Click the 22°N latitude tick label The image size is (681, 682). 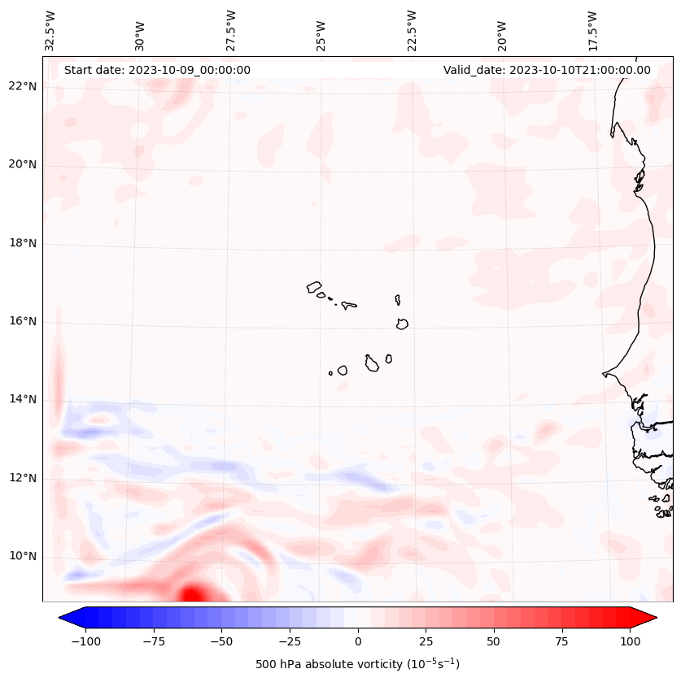pos(24,87)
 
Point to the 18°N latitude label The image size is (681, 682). pos(24,243)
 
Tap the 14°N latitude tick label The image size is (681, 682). pos(24,399)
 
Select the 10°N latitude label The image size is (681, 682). pos(24,557)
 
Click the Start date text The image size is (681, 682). pos(157,70)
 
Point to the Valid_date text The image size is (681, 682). pos(547,70)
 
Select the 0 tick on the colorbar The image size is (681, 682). pos(357,641)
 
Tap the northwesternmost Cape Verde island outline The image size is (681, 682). pos(315,287)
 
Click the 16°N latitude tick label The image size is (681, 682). pos(24,321)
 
